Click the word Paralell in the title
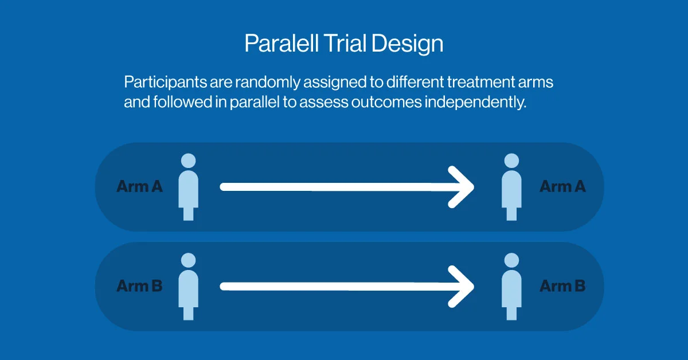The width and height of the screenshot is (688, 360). (281, 43)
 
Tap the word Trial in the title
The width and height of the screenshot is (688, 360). (345, 43)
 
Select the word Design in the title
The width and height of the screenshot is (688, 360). (408, 44)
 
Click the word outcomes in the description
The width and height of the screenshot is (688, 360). (386, 102)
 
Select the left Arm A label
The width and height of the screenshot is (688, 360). (139, 186)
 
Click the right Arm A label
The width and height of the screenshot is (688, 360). (562, 186)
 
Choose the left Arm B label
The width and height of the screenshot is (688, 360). (139, 285)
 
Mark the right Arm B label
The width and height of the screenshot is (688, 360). (562, 285)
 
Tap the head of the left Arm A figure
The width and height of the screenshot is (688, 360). (188, 161)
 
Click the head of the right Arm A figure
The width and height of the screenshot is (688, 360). (511, 161)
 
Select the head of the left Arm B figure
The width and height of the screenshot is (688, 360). (188, 260)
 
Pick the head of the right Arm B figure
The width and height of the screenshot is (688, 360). (511, 260)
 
